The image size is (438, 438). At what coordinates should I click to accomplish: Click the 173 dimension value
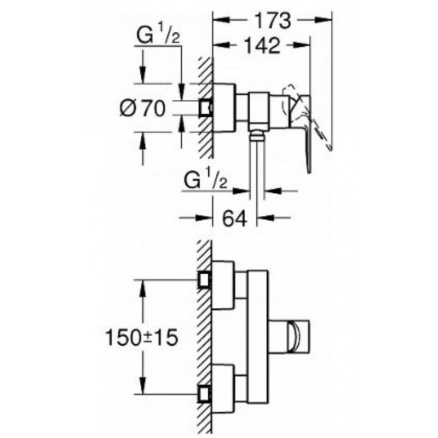[x=272, y=20]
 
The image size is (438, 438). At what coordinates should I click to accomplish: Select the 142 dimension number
[x=262, y=45]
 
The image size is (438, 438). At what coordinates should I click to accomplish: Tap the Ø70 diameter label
[x=143, y=108]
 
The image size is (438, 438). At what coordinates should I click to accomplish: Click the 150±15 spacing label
[x=141, y=337]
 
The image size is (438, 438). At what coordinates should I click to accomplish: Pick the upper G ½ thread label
[x=158, y=33]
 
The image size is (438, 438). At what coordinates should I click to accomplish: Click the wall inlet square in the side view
[x=205, y=107]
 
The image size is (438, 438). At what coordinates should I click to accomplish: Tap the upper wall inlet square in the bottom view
[x=204, y=280]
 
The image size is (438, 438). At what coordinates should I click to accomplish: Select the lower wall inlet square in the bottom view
[x=204, y=394]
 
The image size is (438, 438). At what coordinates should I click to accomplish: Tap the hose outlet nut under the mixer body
[x=257, y=136]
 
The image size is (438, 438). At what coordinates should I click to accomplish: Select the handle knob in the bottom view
[x=298, y=336]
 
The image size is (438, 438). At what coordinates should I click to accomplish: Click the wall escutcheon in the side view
[x=224, y=107]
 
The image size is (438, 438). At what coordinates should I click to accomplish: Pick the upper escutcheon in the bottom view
[x=223, y=285]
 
